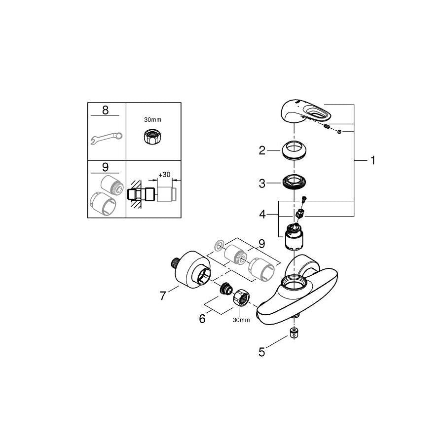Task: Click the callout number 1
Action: click(373, 160)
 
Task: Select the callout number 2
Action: click(262, 150)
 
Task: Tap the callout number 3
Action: click(262, 184)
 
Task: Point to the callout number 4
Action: click(262, 215)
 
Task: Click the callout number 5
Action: click(262, 352)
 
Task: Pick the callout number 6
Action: click(202, 319)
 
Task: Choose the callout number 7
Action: click(163, 296)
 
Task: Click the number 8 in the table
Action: click(106, 110)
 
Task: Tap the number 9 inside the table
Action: click(105, 167)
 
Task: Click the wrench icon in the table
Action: click(106, 138)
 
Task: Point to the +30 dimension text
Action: click(164, 175)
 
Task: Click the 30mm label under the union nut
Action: click(241, 320)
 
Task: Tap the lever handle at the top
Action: click(306, 113)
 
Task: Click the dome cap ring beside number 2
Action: click(294, 150)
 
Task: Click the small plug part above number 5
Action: click(295, 332)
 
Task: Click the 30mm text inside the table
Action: click(152, 120)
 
